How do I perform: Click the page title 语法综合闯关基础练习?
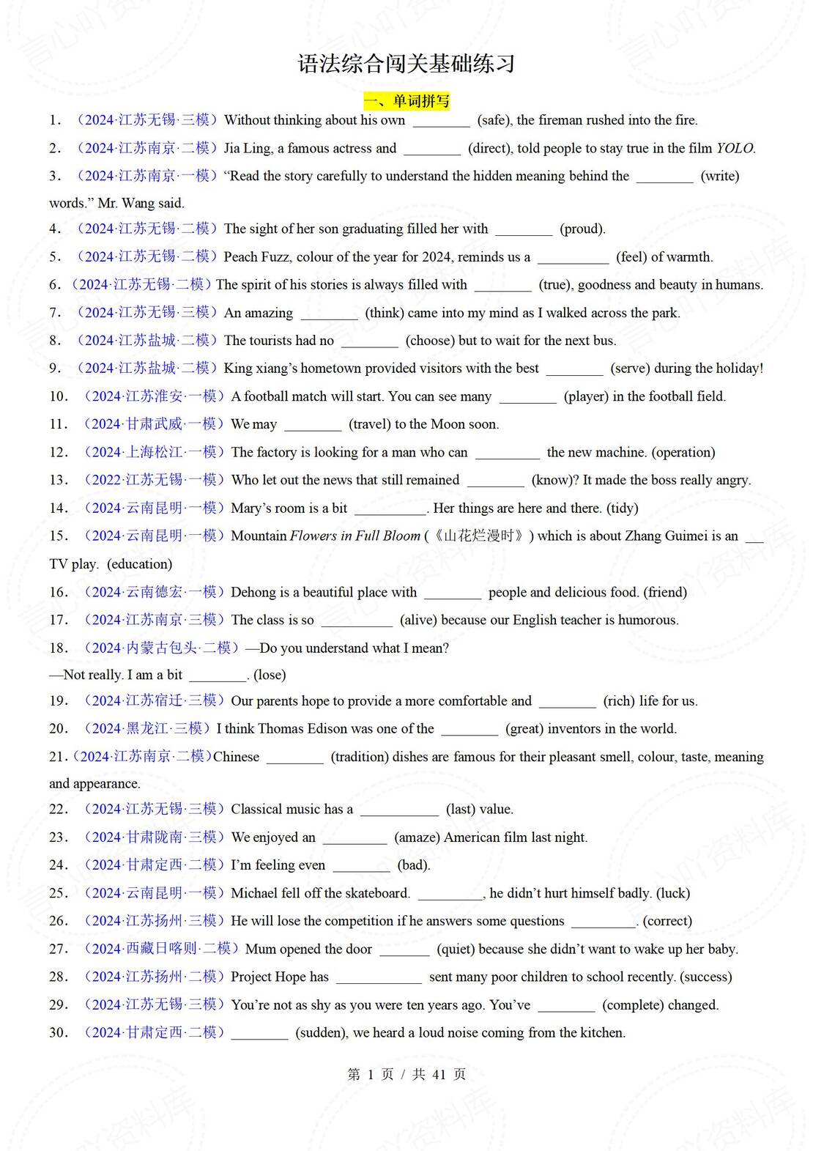[406, 64]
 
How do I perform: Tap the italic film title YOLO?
[734, 148]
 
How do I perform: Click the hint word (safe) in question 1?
[493, 120]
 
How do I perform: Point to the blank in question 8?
[369, 341]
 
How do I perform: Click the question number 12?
[58, 452]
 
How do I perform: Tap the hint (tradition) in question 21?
[359, 757]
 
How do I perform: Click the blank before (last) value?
[399, 810]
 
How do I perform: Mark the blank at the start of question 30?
[259, 1033]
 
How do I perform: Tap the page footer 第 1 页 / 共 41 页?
[406, 1074]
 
